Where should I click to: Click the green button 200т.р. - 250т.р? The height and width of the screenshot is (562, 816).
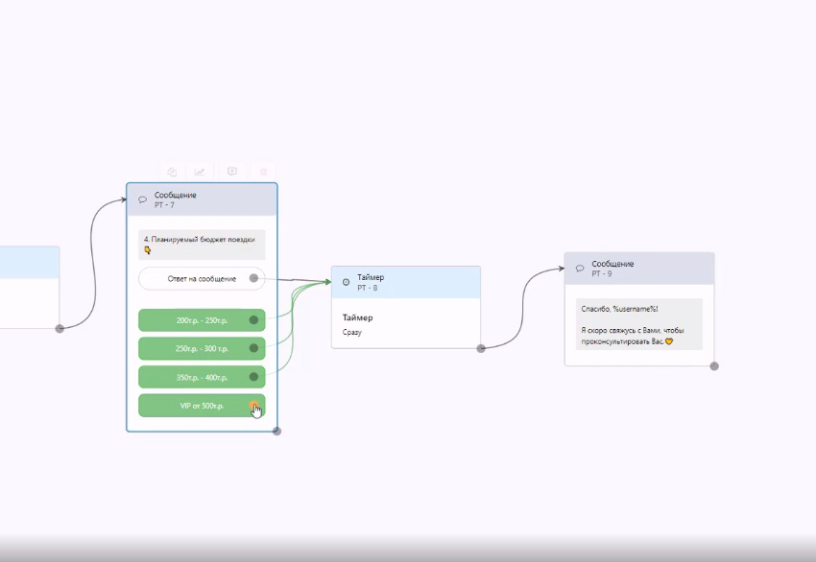pos(202,320)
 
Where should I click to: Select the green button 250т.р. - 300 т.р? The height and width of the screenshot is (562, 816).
pos(202,348)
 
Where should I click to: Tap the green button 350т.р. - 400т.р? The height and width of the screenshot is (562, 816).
pos(202,377)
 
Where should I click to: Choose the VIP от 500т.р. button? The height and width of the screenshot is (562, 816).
pos(202,406)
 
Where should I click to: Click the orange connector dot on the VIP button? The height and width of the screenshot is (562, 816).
pos(253,406)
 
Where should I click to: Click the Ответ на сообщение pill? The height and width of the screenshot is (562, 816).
pos(202,279)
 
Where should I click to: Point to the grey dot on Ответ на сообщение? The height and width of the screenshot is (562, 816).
pos(253,278)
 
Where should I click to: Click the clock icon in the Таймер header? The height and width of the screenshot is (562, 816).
pos(346,282)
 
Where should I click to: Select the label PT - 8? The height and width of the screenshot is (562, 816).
pos(368,288)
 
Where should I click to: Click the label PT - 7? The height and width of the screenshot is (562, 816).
pos(164,205)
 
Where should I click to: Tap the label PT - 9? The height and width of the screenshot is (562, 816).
pos(602,273)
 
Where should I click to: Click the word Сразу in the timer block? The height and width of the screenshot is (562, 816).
pos(351,332)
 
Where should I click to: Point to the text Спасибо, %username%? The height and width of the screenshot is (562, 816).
pos(619,309)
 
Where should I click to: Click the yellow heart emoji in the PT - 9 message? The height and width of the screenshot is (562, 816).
pos(669,341)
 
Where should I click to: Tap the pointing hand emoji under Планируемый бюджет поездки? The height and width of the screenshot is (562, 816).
pos(147,250)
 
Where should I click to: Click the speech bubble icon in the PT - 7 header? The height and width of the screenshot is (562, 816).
pos(143,199)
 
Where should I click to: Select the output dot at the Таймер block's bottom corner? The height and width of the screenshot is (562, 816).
pos(481,348)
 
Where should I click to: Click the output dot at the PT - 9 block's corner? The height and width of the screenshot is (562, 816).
pos(714,366)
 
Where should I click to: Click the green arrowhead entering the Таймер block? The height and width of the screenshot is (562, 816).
pos(328,282)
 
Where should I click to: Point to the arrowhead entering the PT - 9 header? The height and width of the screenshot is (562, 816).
pos(562,269)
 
